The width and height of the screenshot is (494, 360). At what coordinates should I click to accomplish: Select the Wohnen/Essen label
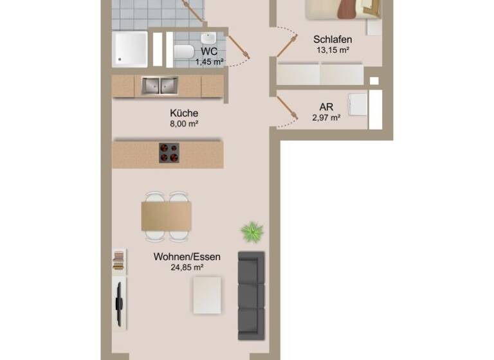click(x=187, y=256)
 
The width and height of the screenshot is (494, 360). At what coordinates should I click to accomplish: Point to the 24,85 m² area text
click(x=187, y=267)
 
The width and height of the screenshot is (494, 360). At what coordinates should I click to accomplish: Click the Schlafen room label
click(x=333, y=39)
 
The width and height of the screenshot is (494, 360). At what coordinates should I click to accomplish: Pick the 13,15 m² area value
click(x=333, y=50)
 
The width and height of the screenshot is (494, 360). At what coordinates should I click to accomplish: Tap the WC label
click(x=209, y=51)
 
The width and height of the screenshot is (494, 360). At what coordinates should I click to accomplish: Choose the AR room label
click(x=326, y=107)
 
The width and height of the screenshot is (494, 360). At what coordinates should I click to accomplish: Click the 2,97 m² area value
click(x=326, y=118)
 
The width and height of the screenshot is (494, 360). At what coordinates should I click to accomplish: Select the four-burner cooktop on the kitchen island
click(x=169, y=152)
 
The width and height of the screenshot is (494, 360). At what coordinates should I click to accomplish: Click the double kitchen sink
click(x=160, y=85)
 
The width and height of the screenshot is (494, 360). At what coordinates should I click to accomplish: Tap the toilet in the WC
click(x=184, y=51)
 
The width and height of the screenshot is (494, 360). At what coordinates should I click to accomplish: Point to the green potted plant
click(x=252, y=231)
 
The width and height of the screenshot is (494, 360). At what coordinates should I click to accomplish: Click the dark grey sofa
click(x=252, y=295)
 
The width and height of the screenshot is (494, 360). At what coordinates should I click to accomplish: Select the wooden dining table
click(x=167, y=215)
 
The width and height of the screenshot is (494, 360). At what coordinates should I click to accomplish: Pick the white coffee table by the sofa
click(x=207, y=294)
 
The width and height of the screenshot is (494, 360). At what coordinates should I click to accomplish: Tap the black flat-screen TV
click(x=118, y=302)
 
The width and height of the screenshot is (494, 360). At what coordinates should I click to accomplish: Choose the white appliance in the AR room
click(x=358, y=105)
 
